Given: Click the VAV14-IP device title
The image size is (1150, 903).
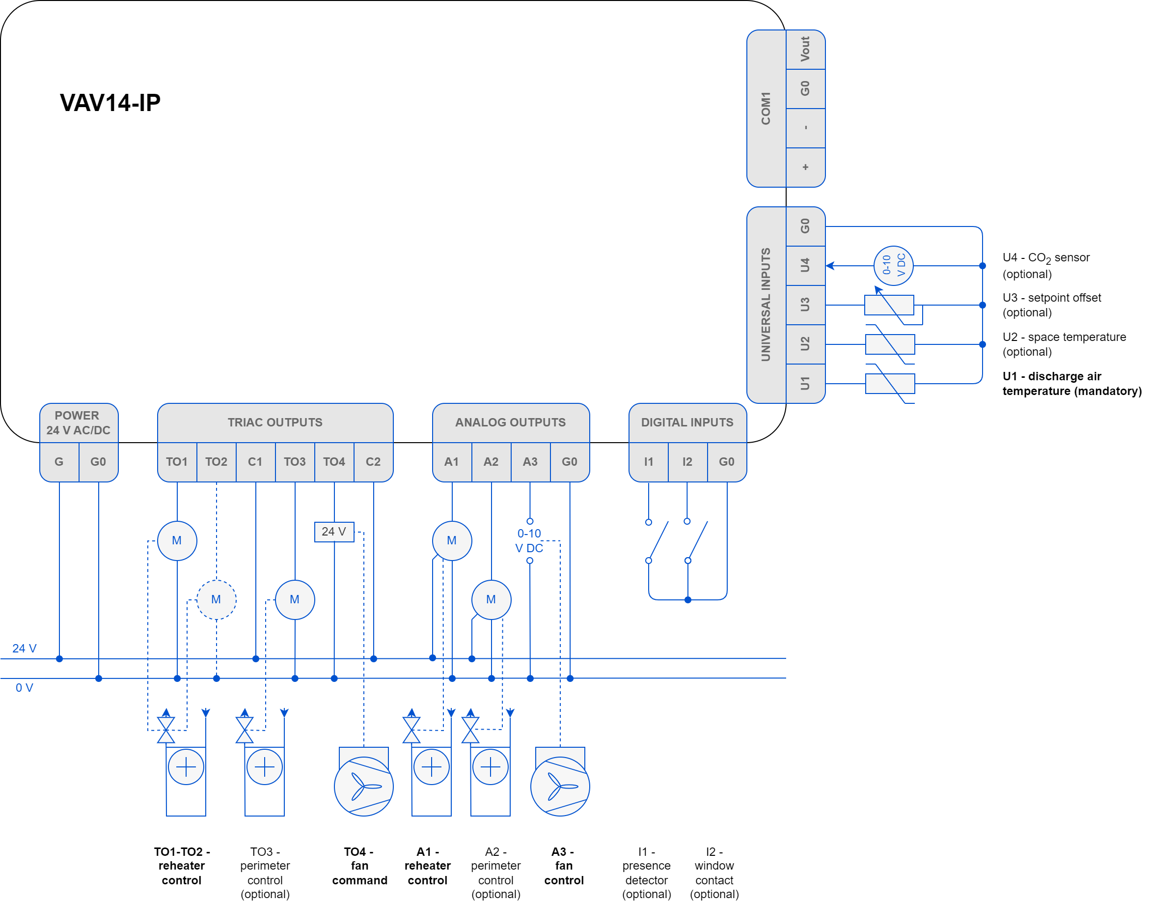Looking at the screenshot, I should (110, 103).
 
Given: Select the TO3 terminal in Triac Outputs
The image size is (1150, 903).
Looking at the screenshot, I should (294, 461).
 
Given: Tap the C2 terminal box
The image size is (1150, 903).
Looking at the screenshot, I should (373, 461).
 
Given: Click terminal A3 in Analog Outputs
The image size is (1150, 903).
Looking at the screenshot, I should (530, 461).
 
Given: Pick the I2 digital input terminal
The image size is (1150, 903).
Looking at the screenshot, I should (687, 461).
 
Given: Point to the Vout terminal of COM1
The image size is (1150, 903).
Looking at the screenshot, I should (805, 49).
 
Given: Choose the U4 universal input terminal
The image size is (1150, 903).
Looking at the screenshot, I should (805, 265).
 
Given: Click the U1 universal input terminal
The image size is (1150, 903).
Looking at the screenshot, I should (805, 383).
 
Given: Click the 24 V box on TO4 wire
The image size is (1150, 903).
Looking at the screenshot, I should (334, 531).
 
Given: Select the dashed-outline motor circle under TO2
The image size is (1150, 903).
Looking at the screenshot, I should (216, 599).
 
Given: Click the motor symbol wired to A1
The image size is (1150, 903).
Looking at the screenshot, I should (452, 540).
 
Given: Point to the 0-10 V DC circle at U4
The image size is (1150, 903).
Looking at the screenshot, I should (893, 265).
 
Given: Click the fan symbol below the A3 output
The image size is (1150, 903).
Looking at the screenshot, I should (560, 786).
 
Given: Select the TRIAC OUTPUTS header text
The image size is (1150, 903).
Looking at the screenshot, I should (275, 423).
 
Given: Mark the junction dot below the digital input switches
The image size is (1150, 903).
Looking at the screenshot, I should (687, 599).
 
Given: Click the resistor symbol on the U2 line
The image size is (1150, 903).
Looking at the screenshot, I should (890, 344).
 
